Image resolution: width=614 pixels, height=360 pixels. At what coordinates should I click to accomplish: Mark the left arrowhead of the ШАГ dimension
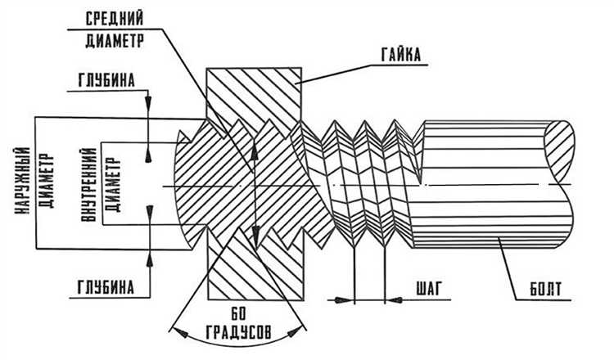349,300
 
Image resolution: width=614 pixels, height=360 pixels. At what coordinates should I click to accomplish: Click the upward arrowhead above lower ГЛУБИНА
148,259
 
